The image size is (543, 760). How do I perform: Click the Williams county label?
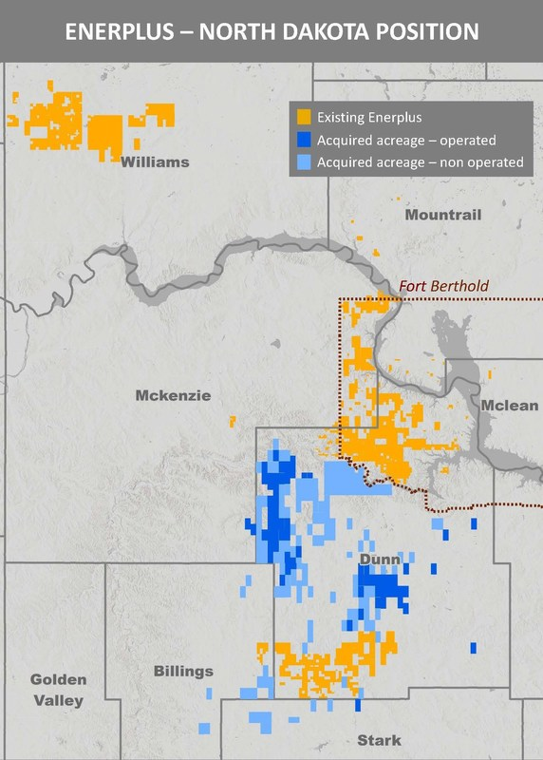tap(155, 162)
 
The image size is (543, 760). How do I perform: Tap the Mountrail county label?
tap(443, 215)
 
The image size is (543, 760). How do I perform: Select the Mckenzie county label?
tap(172, 395)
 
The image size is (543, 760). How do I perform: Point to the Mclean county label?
tap(509, 406)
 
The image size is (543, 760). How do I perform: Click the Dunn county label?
tap(380, 560)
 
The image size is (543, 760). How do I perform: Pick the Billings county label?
tap(183, 672)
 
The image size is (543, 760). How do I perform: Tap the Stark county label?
tap(379, 740)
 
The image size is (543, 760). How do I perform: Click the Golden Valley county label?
tap(58, 691)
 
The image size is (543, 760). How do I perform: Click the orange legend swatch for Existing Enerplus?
tap(304, 118)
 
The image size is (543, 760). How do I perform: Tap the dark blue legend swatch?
tap(304, 140)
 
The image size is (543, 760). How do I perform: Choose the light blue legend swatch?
tap(304, 162)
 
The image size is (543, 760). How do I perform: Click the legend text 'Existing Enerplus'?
tap(369, 118)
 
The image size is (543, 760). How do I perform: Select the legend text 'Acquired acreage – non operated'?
tap(420, 162)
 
